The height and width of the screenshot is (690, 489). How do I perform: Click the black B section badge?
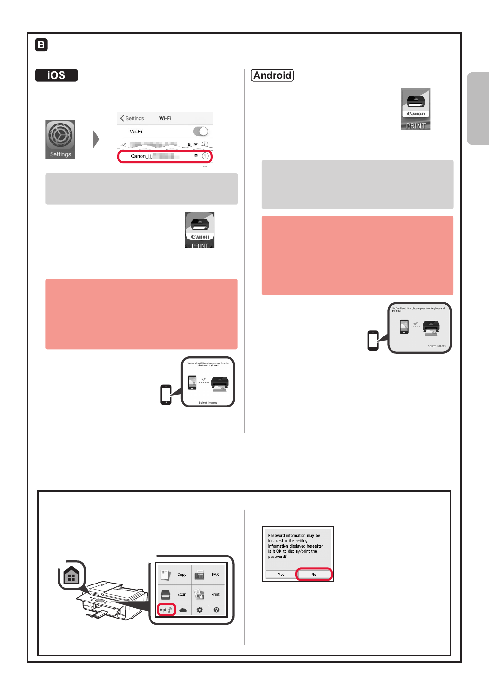pos(41,45)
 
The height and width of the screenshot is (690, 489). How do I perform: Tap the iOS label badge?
pos(56,75)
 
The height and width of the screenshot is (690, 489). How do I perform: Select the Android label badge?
pos(272,75)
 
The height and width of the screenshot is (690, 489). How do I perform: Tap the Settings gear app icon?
pos(60,139)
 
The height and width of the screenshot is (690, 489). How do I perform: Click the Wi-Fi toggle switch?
pos(201,132)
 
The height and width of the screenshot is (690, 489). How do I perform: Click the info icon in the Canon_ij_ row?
pos(205,156)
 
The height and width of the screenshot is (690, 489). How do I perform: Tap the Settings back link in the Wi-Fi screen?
pos(133,118)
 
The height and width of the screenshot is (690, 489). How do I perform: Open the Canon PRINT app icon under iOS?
pos(199,230)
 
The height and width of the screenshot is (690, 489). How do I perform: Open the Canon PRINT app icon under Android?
pos(416,109)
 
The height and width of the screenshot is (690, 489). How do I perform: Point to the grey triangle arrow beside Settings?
pos(96,139)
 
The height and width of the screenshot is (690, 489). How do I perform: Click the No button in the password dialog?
pos(314,575)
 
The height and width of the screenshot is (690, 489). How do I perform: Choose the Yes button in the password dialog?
pos(281,575)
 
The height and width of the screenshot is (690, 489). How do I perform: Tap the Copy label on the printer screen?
pos(182,575)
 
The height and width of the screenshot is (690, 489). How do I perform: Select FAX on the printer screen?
pos(215,575)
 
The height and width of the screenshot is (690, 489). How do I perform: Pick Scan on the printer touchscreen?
pos(182,594)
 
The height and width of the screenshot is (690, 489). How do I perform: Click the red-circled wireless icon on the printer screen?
pos(166,610)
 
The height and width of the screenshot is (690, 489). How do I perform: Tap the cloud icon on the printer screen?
pos(183,610)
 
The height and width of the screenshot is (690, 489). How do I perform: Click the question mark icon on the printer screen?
pos(216,610)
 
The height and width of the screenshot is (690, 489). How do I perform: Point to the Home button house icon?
pos(71,575)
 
